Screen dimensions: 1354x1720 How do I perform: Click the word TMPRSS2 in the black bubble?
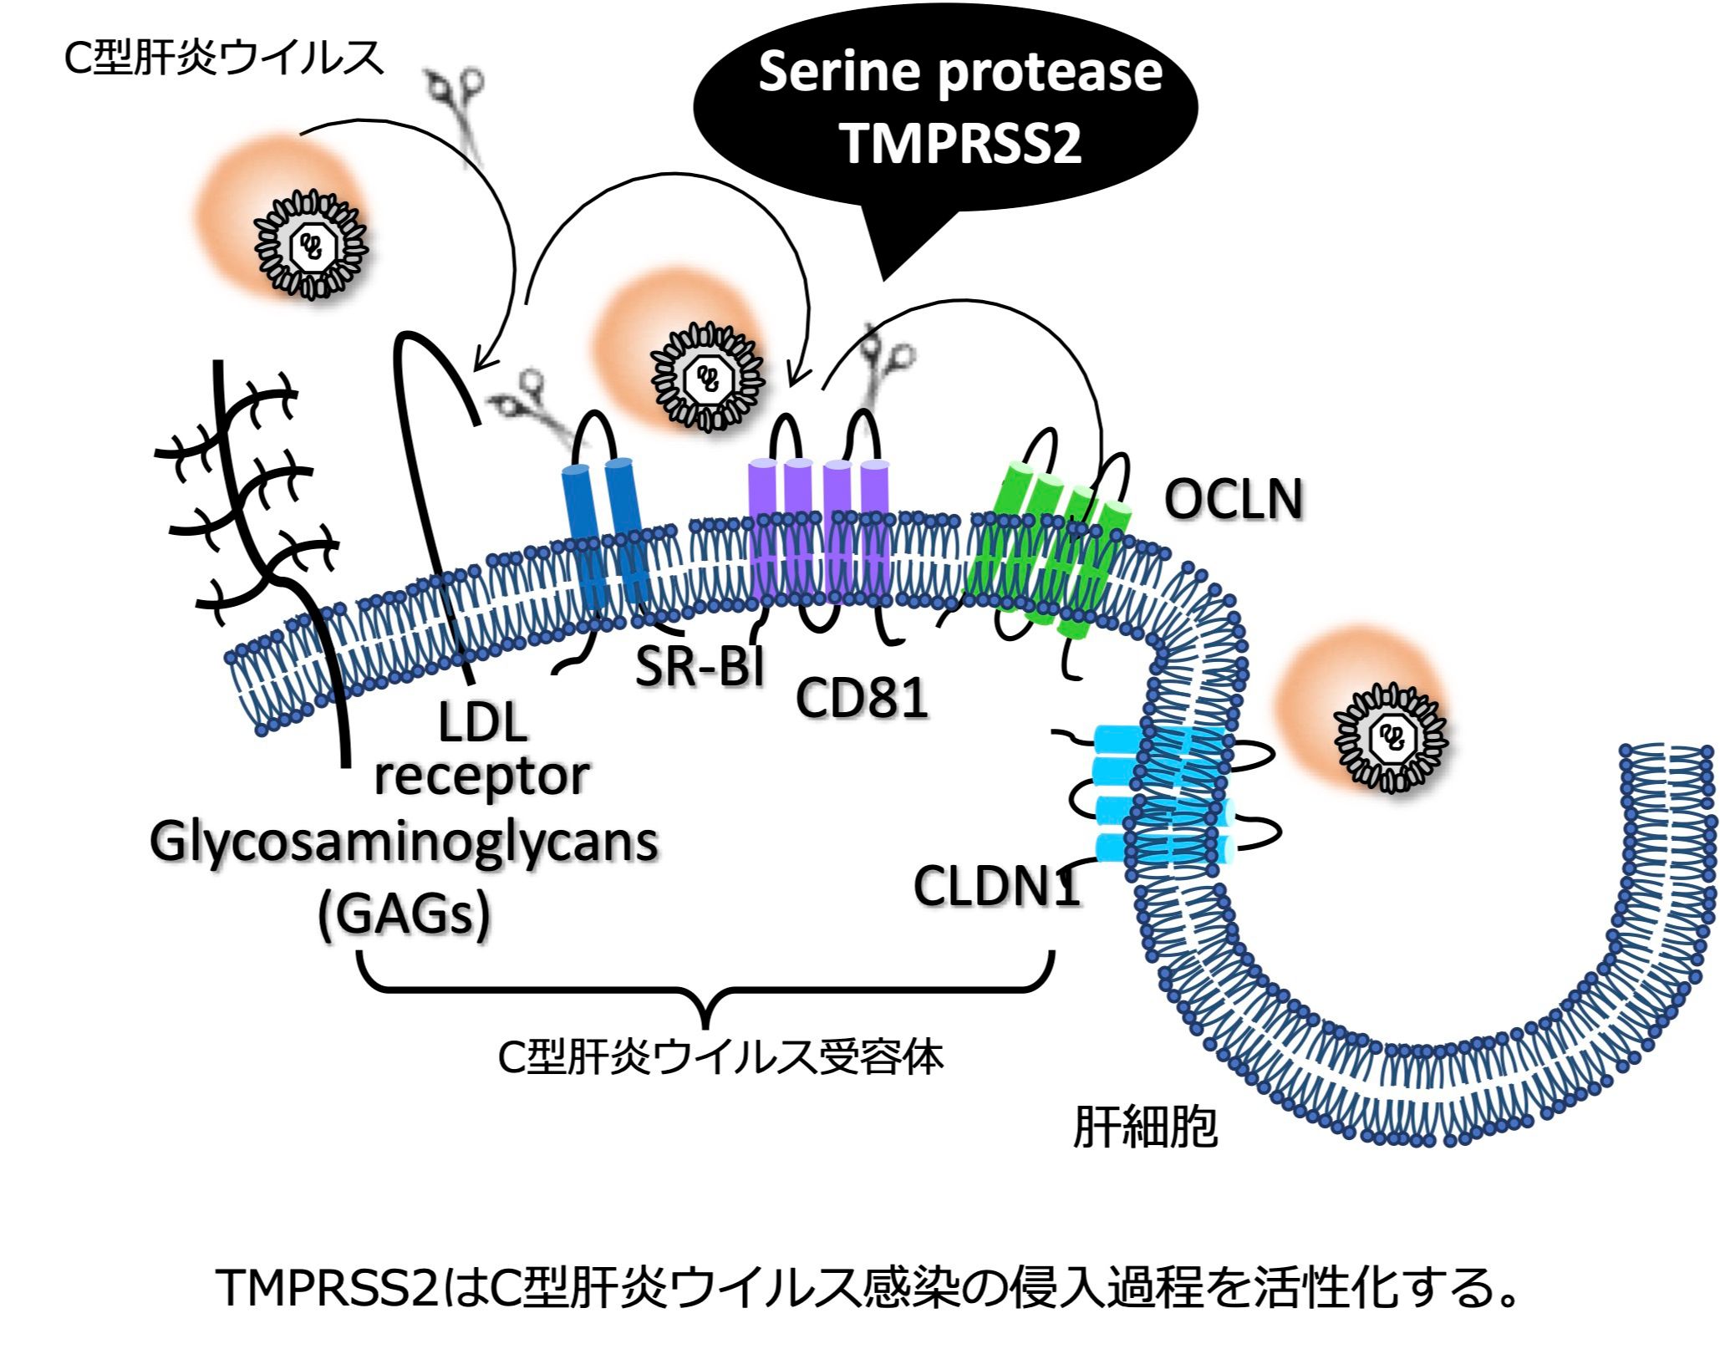coord(961,142)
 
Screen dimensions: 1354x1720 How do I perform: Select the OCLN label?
coord(1233,501)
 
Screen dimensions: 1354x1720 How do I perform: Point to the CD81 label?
coord(862,698)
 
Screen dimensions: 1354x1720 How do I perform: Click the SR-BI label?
coord(700,667)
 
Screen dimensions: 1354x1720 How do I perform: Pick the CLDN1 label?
coord(996,886)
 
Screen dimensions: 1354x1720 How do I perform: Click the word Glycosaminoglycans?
coord(404,842)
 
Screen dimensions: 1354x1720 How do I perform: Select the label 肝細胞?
coord(1144,1127)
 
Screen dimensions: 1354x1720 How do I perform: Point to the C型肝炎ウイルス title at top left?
coord(224,59)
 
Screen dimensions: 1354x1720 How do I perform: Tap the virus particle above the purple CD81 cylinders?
coord(708,378)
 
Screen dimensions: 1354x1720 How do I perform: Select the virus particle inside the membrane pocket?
coord(1391,736)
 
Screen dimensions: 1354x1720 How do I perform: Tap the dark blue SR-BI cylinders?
coord(603,535)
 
